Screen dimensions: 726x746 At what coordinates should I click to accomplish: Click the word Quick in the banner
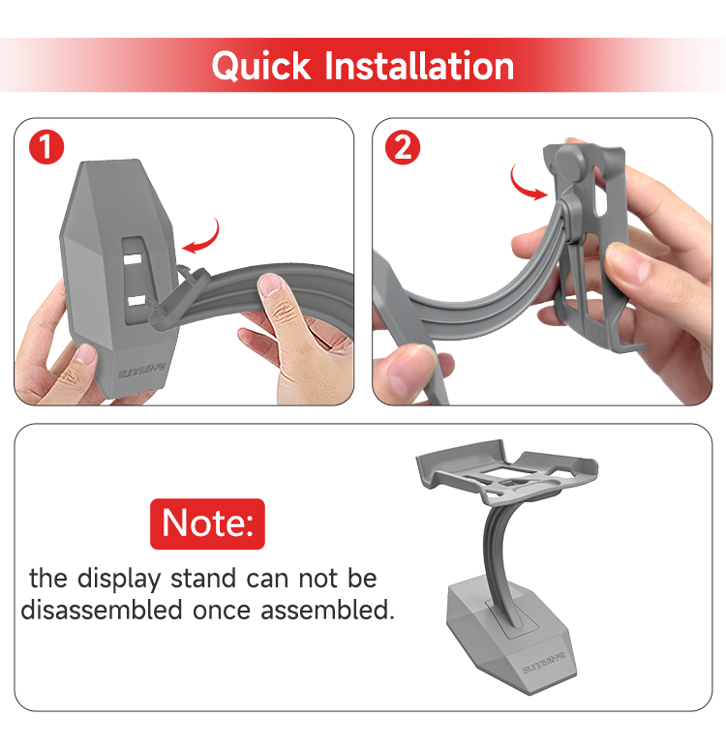[x=261, y=66]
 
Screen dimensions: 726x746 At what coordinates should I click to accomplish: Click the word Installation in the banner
[x=419, y=65]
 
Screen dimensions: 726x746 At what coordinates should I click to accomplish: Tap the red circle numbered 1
[x=46, y=147]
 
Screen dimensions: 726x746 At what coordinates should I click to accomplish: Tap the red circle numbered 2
[x=403, y=147]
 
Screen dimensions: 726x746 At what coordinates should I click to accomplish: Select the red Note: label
[x=207, y=523]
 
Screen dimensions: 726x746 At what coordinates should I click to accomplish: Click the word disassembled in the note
[x=102, y=610]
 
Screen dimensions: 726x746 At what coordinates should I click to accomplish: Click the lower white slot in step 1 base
[x=137, y=301]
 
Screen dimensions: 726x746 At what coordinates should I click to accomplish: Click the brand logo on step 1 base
[x=141, y=371]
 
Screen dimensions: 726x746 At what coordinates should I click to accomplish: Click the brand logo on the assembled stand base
[x=544, y=662]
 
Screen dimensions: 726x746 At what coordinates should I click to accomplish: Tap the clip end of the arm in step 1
[x=178, y=300]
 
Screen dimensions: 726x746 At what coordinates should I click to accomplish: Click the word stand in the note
[x=203, y=579]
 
